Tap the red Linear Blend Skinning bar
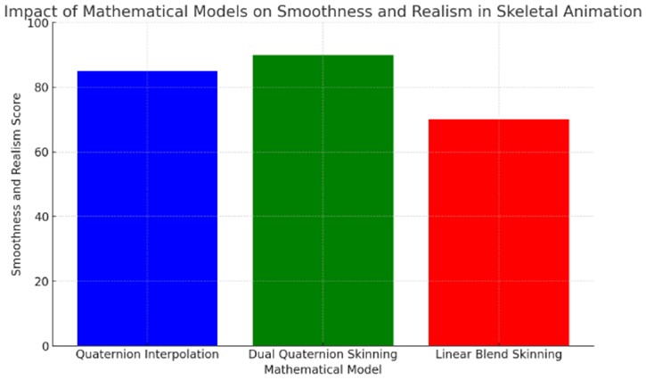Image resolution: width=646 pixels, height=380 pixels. click(x=498, y=232)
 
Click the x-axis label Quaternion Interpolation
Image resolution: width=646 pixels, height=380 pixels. click(x=147, y=355)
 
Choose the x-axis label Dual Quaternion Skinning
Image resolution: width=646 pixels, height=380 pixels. click(x=323, y=355)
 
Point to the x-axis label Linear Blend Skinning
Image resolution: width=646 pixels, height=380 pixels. click(x=498, y=355)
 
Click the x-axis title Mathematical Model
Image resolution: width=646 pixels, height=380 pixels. click(x=323, y=369)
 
